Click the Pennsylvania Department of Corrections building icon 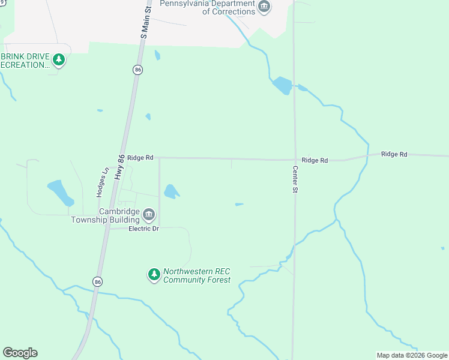[264, 7]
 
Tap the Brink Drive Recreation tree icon [58, 59]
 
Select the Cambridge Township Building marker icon [149, 214]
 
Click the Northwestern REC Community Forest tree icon [154, 275]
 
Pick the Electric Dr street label [143, 229]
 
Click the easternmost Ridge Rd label [394, 154]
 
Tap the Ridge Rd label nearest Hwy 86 [140, 157]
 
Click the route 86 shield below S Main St [138, 70]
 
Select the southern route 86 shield [97, 281]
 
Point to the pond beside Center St [282, 85]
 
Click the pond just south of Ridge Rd [171, 191]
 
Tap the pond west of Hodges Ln [59, 192]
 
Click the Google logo [20, 353]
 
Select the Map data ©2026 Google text [412, 355]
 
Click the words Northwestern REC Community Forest [197, 275]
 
